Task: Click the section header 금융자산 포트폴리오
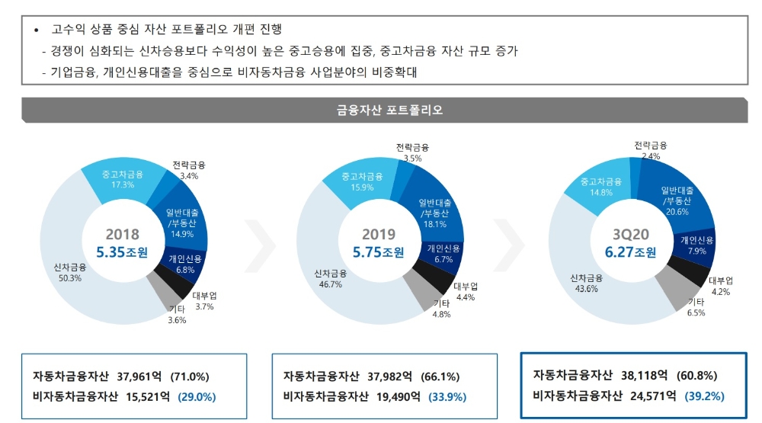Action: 389,110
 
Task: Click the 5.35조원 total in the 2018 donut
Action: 123,252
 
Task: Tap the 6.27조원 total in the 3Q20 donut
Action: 624,252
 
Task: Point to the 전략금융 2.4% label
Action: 651,150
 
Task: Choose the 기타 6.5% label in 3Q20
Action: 695,307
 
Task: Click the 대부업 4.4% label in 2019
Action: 465,292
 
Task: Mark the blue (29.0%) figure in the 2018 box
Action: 197,397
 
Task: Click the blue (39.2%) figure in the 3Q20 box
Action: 704,396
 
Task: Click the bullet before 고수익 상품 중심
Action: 36,30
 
